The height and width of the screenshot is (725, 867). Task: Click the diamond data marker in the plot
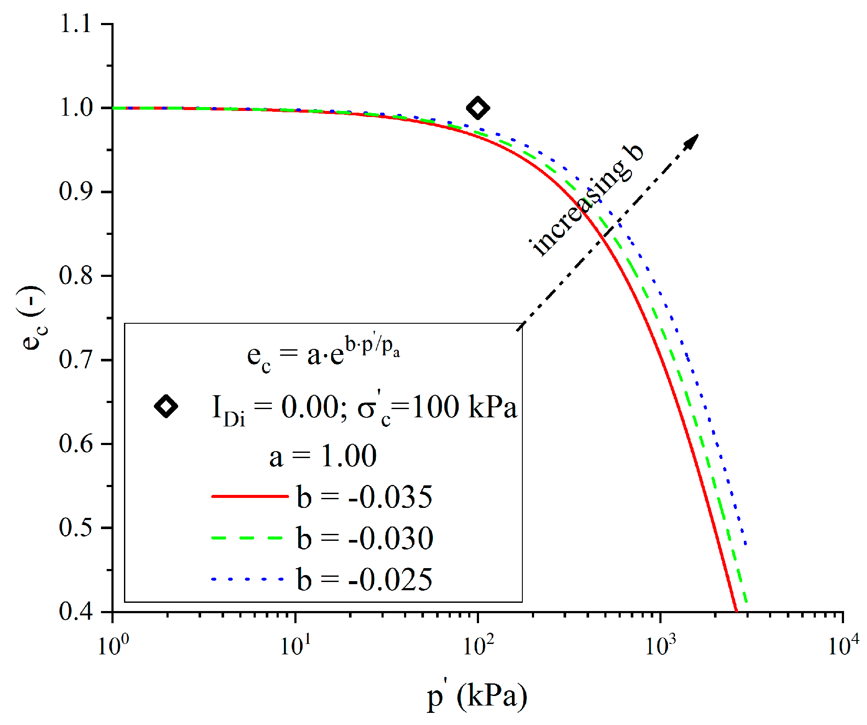click(478, 108)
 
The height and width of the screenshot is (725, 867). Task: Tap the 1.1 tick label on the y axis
click(76, 23)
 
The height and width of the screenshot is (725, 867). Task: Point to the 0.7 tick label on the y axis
click(76, 360)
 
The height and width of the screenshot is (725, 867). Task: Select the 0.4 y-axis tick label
click(76, 611)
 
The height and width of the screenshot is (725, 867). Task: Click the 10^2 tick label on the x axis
click(478, 646)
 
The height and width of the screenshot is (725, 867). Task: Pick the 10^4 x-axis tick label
click(843, 646)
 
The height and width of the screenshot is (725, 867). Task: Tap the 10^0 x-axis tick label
click(113, 646)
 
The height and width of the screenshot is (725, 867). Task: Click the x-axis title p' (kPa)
click(477, 696)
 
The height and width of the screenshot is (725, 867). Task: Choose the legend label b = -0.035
click(365, 497)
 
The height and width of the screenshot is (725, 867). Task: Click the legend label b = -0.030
click(365, 538)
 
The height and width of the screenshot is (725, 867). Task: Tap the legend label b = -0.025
click(365, 579)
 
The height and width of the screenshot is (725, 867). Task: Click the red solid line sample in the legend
click(249, 496)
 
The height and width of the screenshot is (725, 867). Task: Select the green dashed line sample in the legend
click(247, 538)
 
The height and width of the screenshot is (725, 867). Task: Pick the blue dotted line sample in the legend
click(247, 579)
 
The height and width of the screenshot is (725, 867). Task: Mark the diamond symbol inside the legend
click(166, 406)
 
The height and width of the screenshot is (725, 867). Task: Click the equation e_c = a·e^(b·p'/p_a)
click(323, 354)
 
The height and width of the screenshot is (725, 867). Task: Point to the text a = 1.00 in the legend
click(323, 456)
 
